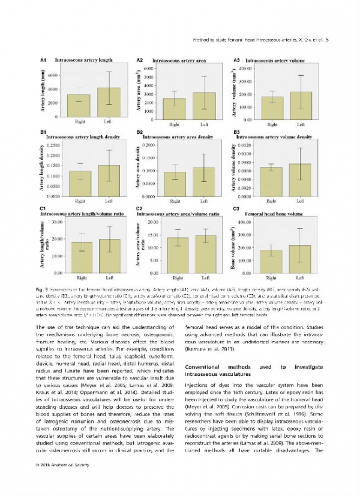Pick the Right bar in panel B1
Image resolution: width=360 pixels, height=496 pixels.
[80, 184]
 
